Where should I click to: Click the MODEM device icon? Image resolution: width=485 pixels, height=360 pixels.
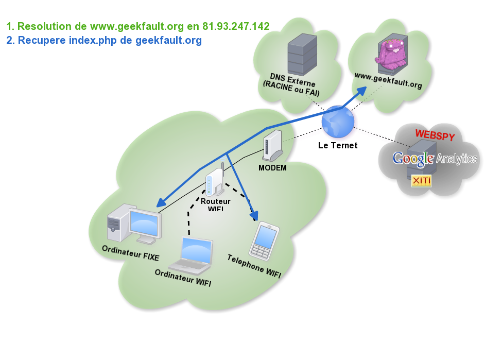(x=273, y=146)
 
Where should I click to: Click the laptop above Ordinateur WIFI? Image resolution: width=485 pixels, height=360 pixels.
(x=192, y=255)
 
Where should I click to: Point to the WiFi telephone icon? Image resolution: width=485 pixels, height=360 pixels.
(x=264, y=240)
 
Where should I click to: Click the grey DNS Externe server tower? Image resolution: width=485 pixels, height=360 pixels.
(x=302, y=54)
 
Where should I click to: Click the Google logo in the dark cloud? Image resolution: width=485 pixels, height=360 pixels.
(x=413, y=158)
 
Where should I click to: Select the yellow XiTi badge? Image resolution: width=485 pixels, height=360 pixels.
(x=421, y=181)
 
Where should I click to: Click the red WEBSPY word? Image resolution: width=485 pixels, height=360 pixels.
(x=435, y=135)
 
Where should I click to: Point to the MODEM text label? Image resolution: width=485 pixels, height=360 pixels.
(x=272, y=168)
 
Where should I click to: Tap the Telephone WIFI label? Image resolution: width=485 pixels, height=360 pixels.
(x=254, y=266)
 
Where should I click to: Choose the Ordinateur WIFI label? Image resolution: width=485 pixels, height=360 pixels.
(x=183, y=277)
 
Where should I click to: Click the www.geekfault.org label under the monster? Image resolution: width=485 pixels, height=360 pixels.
(x=388, y=81)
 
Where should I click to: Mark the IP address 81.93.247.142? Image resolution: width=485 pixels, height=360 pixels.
(x=236, y=26)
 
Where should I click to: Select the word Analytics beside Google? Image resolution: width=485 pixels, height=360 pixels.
(x=457, y=159)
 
